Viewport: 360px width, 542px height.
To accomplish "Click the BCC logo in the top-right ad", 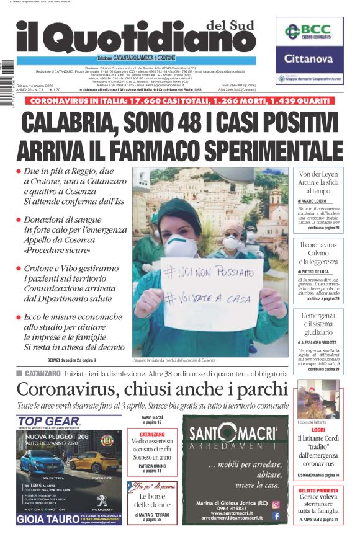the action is click(x=309, y=31).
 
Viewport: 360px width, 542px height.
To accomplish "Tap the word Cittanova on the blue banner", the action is click(x=309, y=59).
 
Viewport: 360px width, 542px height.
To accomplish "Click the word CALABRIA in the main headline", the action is click(x=80, y=122).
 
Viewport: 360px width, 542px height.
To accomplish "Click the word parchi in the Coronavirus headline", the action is click(x=261, y=389).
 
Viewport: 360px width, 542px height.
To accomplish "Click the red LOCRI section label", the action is click(x=318, y=429).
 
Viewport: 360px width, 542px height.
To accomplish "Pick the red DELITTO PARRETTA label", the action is click(x=318, y=490).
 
